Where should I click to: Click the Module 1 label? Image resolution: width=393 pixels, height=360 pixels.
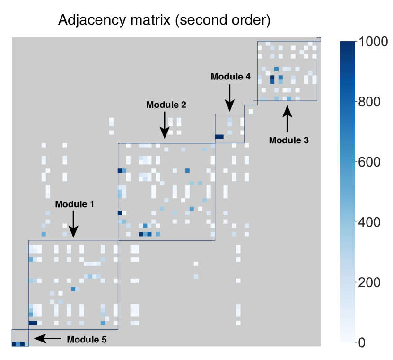pos(74,204)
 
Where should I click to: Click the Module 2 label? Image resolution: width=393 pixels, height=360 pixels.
pos(166,105)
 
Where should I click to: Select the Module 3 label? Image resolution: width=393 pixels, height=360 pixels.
pos(288,140)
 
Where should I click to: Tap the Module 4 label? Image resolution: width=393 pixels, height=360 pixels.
pos(230,76)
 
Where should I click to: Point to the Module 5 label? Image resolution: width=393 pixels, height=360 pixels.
pos(87,340)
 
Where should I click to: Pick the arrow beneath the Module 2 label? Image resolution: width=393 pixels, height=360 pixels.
pos(165,125)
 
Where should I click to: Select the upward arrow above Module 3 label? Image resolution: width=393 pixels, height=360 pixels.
pos(288,120)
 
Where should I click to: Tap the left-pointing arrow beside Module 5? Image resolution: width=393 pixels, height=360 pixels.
pos(47,338)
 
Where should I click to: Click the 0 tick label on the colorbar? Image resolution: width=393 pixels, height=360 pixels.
pos(362,342)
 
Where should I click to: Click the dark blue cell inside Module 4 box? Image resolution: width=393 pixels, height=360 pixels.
pos(219,137)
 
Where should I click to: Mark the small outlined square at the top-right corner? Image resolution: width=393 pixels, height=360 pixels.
pos(319,39)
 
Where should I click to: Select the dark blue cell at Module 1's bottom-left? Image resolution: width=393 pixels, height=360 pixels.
pos(33,323)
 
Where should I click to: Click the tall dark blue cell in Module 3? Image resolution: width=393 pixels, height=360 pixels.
pos(272,79)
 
